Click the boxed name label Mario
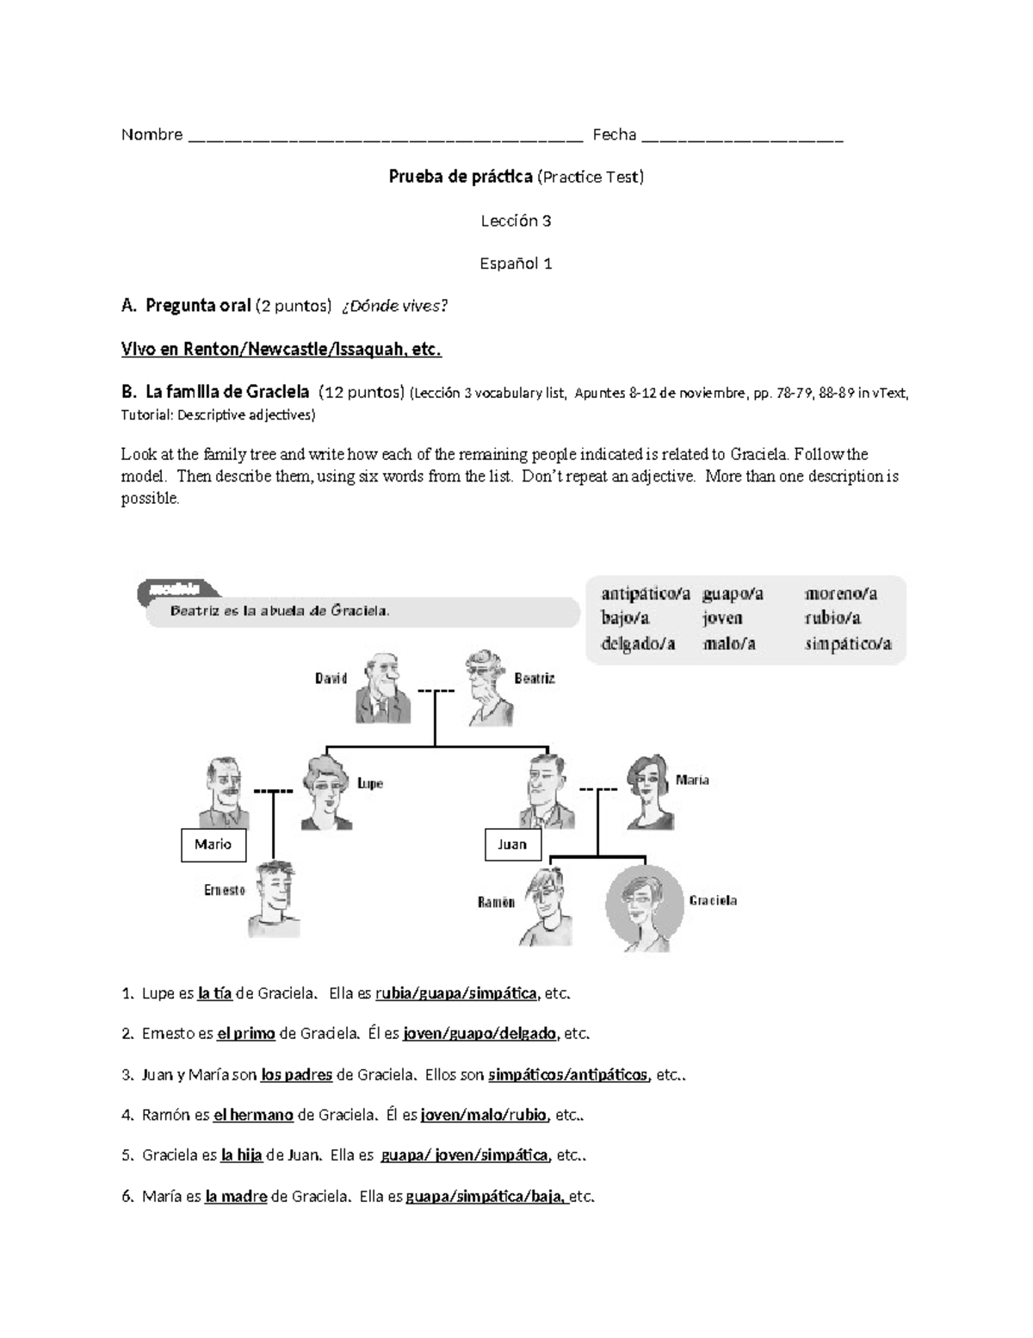click(213, 844)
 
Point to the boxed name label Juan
click(512, 844)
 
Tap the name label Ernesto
click(224, 890)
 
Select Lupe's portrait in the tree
click(325, 791)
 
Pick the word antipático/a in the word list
click(646, 594)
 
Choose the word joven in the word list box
click(722, 619)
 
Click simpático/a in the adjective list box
click(847, 644)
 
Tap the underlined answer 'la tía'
click(214, 993)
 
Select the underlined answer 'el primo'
click(245, 1034)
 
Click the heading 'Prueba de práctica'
click(461, 177)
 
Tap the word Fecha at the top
click(614, 134)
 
